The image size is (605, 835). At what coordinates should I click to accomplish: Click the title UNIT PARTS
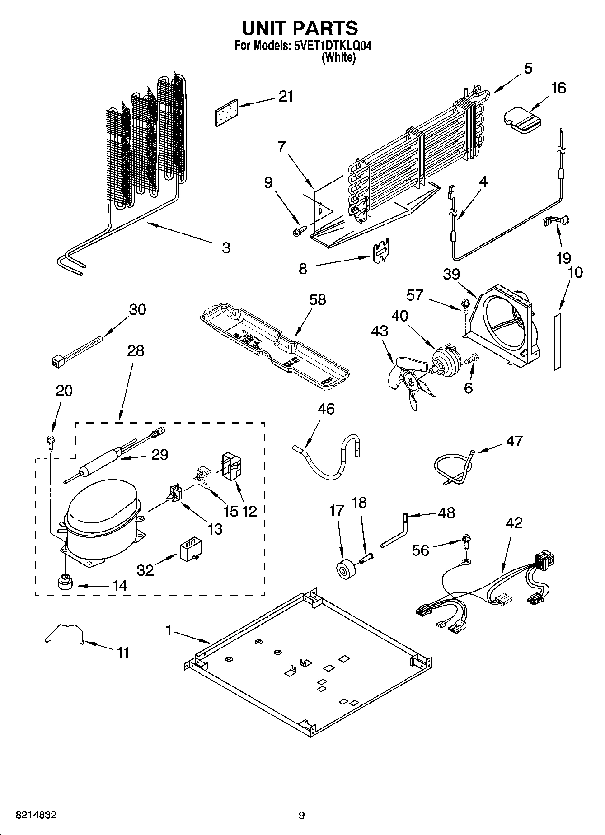point(300,28)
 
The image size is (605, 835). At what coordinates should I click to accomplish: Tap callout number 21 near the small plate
point(286,97)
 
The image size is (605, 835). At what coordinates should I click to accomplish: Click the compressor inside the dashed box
point(102,519)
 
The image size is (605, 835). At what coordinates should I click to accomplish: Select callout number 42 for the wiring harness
point(514,523)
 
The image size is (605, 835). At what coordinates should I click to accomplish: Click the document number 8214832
point(36,815)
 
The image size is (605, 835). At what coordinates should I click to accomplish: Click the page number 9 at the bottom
point(301,815)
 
